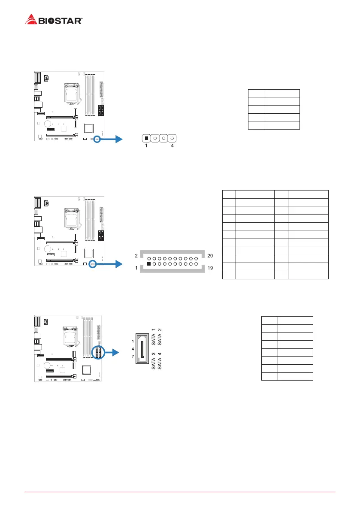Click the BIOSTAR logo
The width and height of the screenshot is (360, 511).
coord(54,19)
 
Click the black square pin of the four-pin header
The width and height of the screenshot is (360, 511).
coord(147,139)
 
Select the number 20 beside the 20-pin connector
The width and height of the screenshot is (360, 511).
coord(210,256)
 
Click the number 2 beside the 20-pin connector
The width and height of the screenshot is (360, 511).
coord(136,256)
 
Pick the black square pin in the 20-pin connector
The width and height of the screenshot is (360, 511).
coord(149,264)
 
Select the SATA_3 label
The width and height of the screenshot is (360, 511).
coord(154,360)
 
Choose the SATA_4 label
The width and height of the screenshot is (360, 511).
coord(160,360)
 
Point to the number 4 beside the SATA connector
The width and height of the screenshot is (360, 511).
coord(133,349)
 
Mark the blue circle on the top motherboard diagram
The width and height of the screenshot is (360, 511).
coord(97,139)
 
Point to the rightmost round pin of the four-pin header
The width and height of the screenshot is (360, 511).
coord(172,139)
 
